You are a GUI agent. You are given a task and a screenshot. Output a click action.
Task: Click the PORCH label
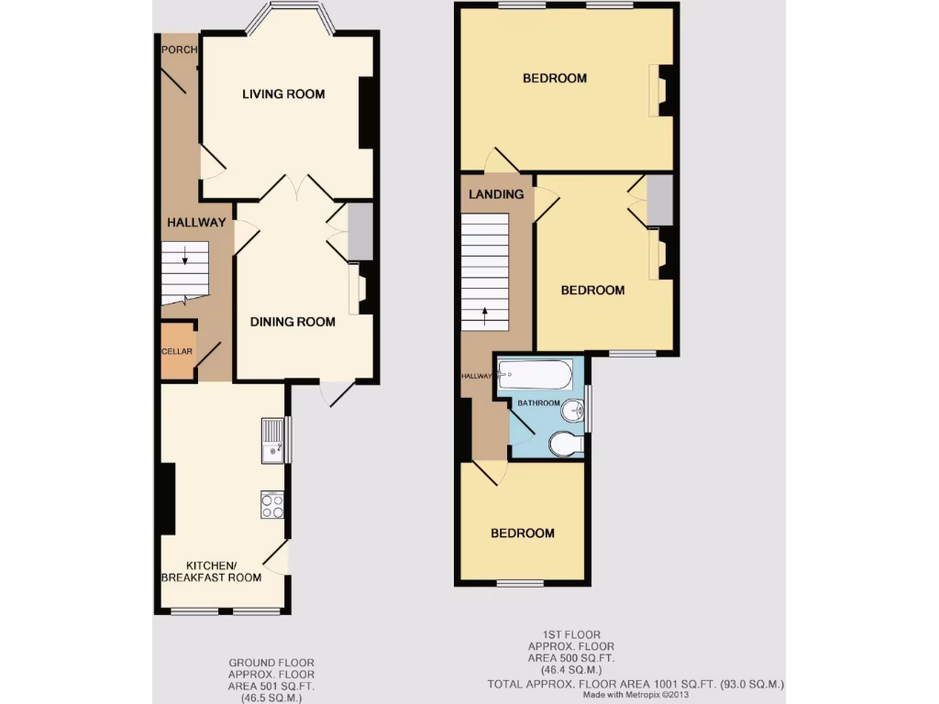[x=179, y=49]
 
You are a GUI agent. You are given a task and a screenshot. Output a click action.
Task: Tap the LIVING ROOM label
[x=283, y=93]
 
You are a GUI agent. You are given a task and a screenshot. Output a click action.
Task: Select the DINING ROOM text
[x=293, y=322]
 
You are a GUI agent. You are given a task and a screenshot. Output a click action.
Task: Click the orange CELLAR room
[x=176, y=350]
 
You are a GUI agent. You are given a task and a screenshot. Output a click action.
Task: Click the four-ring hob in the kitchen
[x=272, y=505]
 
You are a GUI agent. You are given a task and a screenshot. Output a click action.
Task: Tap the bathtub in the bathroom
[x=535, y=374]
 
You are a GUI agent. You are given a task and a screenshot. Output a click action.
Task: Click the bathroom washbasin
[x=574, y=410]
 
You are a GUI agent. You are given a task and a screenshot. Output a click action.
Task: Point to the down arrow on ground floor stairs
[x=185, y=259]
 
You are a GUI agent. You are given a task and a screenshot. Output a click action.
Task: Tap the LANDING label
[x=496, y=194]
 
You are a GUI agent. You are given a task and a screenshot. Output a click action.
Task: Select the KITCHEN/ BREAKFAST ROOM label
[x=224, y=571]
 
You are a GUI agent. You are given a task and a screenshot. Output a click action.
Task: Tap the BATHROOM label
[x=537, y=403]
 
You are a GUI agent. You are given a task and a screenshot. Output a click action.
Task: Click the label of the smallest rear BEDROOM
[x=523, y=533]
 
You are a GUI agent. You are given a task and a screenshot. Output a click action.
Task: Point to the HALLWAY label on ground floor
[x=196, y=222]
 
